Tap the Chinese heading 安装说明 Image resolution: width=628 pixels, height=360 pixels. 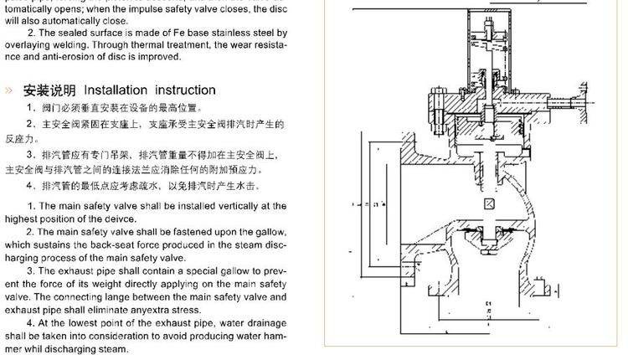49,90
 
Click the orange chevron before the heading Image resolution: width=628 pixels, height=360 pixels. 9,90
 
